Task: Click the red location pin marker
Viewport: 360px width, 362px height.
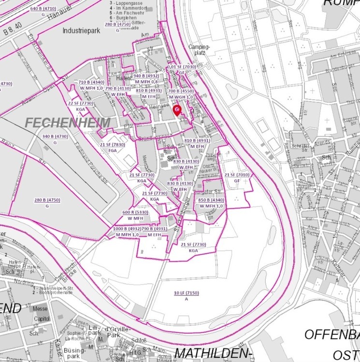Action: coord(176,110)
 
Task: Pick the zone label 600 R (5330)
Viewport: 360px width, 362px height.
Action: coord(135,212)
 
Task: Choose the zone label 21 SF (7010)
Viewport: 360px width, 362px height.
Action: coord(237,175)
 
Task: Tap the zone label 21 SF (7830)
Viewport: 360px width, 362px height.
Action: coord(112,145)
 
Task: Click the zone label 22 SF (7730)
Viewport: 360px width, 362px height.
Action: coord(80,103)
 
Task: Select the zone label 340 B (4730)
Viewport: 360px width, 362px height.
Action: coord(55,137)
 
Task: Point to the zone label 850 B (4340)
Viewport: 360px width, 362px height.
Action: coord(211,200)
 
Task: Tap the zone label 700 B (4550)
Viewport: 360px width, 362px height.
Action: coord(181,91)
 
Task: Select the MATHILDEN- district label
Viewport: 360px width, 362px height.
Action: coord(212,353)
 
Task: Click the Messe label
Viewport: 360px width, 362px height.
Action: coord(40,309)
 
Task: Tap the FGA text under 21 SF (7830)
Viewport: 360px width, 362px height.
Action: coord(112,151)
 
